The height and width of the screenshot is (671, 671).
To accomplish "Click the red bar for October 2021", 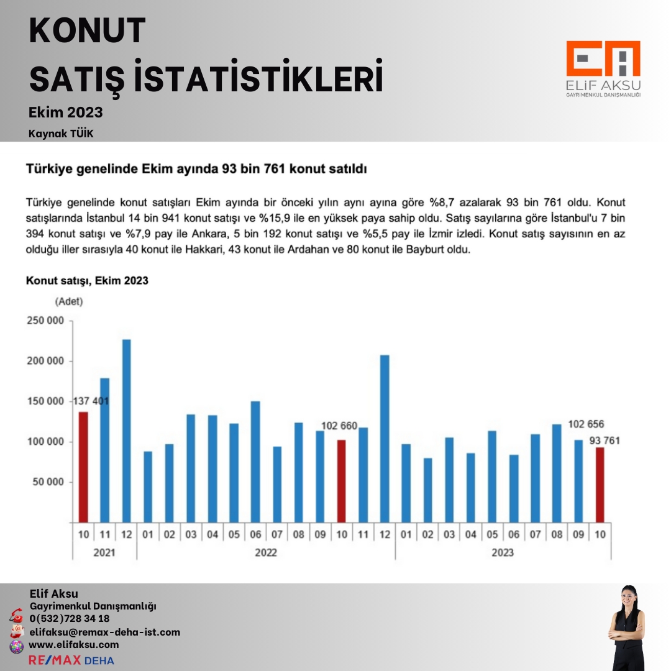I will point(83,467).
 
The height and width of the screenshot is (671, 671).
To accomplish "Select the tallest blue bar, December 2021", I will point(126,431).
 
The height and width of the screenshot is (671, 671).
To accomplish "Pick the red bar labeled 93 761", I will point(600,485).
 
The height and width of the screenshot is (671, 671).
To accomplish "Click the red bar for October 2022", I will point(341,481).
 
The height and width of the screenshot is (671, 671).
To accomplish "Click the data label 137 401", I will point(91,401).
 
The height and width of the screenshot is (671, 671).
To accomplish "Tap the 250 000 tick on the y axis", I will point(45,321).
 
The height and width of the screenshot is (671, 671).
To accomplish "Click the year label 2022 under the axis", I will point(266,552).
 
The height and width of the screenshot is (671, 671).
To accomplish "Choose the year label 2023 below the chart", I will point(503,552).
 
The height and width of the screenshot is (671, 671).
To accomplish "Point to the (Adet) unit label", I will point(68,302).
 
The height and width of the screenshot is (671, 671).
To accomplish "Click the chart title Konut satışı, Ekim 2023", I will point(87,281).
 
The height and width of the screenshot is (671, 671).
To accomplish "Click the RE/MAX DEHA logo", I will point(71,660).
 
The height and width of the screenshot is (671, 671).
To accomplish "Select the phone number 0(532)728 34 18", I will point(70,619).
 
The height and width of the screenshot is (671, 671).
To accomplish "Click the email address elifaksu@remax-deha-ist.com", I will point(104,632).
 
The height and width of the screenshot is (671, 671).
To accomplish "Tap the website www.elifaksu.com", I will point(74,645).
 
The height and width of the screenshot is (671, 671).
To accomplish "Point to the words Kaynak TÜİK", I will point(61,134).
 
